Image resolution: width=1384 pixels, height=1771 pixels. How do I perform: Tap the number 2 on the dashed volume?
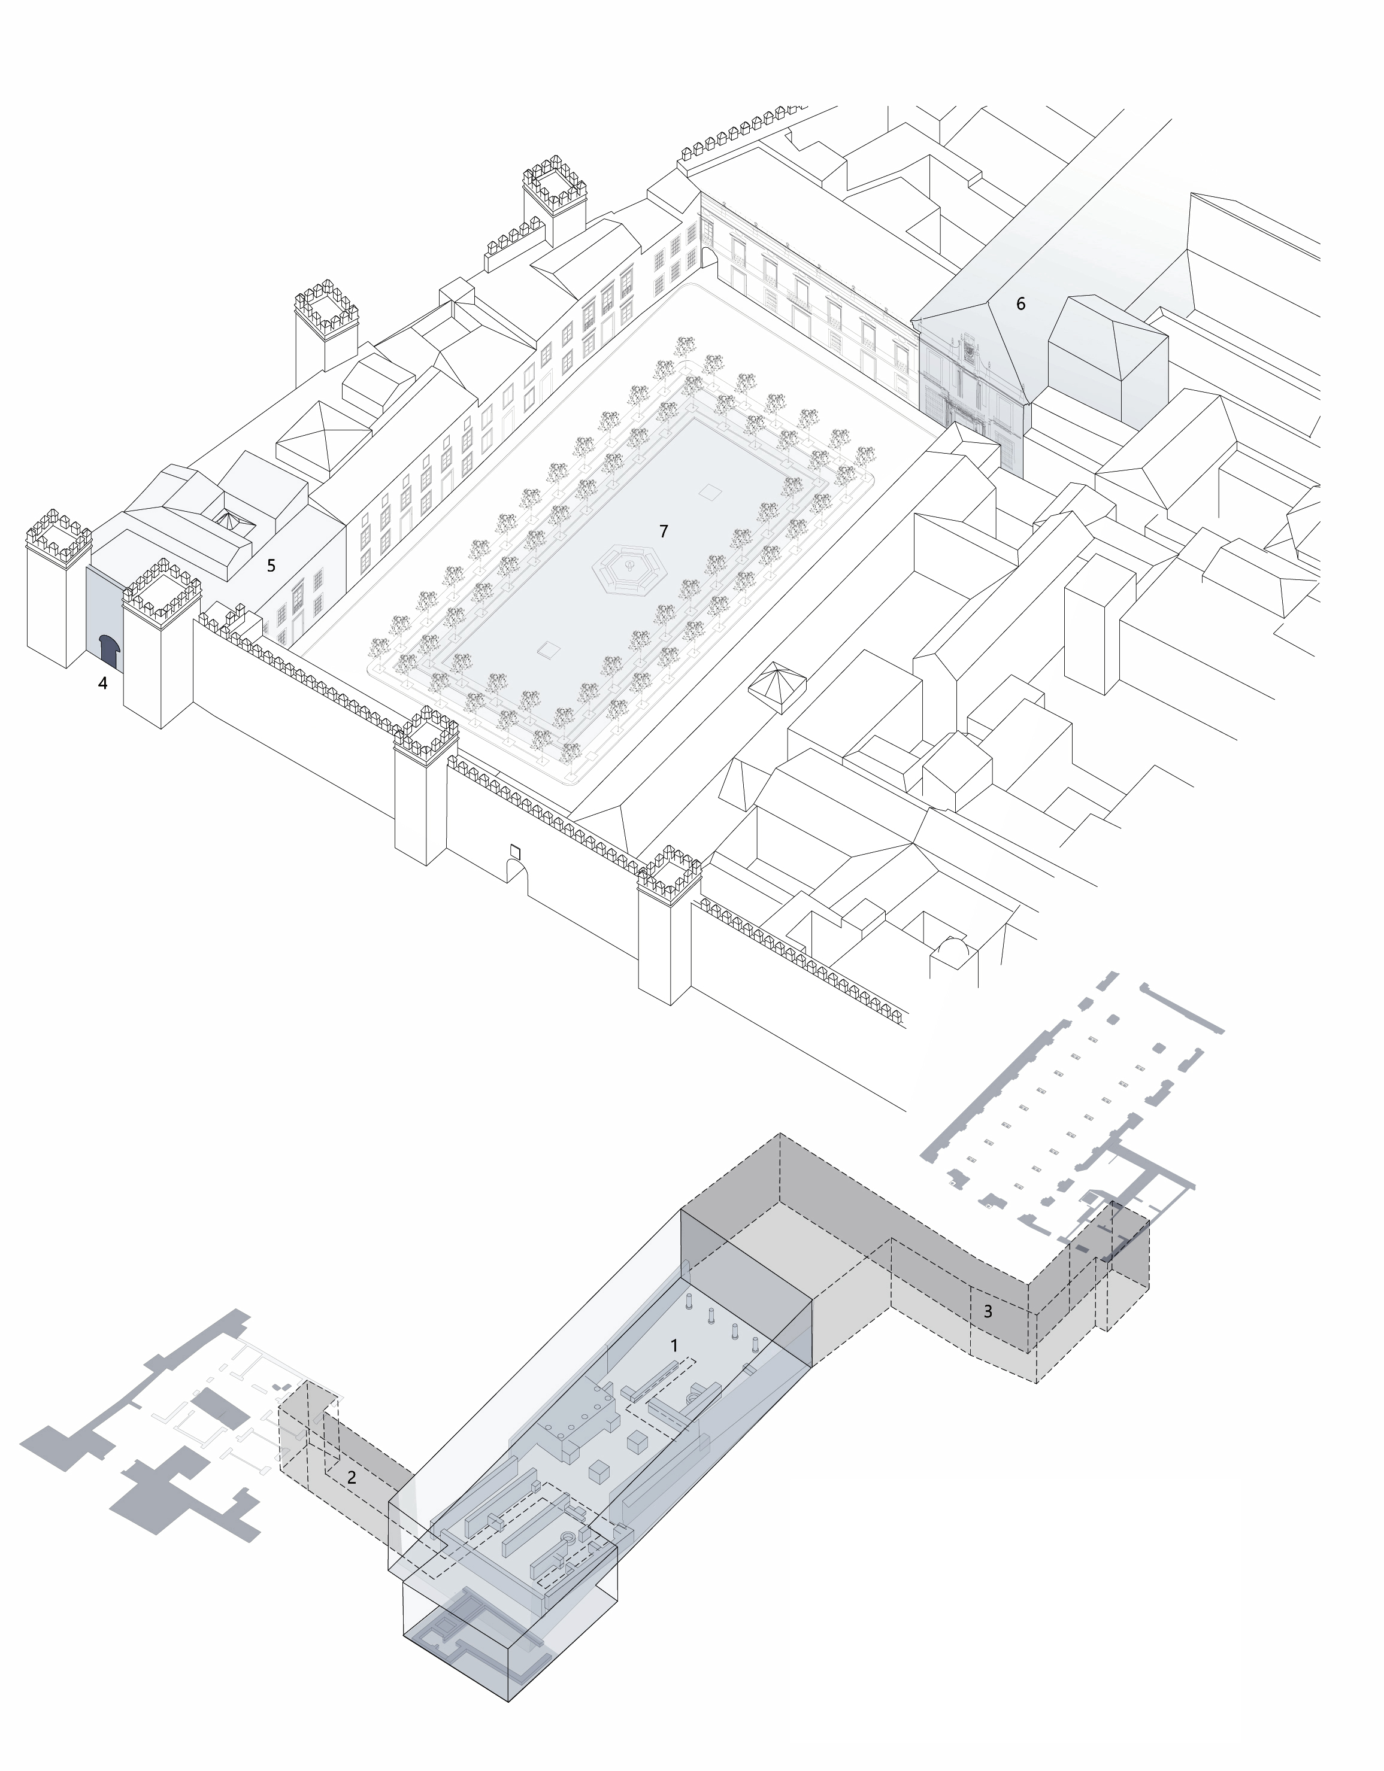tap(352, 1478)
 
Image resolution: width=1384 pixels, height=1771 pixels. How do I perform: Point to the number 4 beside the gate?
tap(102, 684)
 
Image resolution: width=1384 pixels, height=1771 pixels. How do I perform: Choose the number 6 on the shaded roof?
tap(1020, 304)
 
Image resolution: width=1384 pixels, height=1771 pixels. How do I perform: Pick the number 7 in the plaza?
tap(664, 531)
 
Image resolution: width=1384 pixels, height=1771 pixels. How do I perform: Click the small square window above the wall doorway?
tap(514, 850)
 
